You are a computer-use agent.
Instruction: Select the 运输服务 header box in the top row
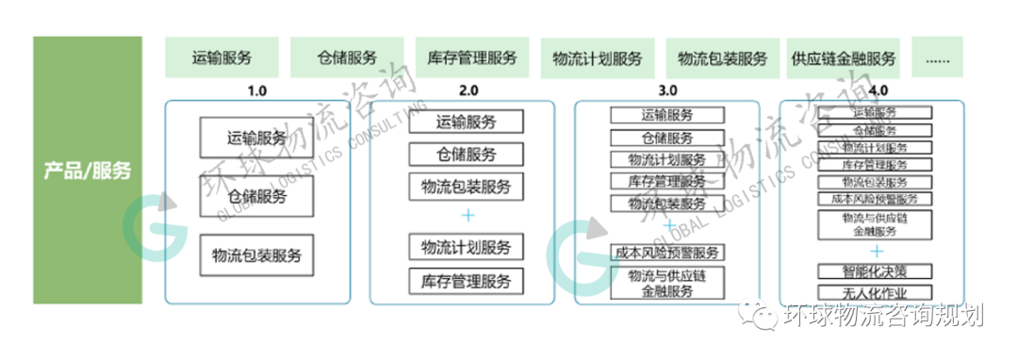[x=222, y=57]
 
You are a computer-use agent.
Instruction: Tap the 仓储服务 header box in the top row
[x=347, y=57]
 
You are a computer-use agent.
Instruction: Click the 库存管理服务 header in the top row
[x=472, y=57]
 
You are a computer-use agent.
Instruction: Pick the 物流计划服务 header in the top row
[x=598, y=57]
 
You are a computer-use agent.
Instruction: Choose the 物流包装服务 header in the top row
[x=723, y=57]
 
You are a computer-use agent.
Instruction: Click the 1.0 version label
[x=257, y=90]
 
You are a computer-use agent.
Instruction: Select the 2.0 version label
[x=468, y=90]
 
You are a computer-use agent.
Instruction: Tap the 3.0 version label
[x=668, y=90]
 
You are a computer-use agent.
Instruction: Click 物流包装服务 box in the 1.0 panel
[x=256, y=254]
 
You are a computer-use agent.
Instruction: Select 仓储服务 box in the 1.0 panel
[x=256, y=196]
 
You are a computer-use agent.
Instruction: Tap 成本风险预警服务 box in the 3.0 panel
[x=667, y=252]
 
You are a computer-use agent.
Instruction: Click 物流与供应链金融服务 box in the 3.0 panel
[x=667, y=283]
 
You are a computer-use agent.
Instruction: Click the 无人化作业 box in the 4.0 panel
[x=876, y=292]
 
